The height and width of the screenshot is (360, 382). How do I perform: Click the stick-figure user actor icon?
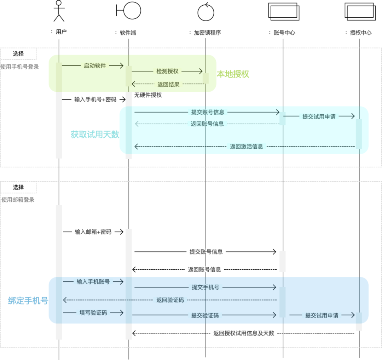[59, 11]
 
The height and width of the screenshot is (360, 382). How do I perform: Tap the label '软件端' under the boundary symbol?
[128, 33]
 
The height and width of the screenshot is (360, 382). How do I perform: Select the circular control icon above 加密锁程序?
[206, 12]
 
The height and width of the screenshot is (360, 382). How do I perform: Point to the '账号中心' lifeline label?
[284, 33]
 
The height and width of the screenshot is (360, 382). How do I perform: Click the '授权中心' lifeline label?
[361, 33]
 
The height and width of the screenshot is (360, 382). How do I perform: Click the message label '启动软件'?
[95, 65]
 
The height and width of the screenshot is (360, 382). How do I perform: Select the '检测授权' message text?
[167, 71]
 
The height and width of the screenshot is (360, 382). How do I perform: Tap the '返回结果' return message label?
[168, 84]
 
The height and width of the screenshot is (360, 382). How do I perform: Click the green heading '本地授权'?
[233, 74]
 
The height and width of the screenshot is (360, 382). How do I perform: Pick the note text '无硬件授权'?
[148, 95]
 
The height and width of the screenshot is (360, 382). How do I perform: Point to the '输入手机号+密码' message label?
[95, 99]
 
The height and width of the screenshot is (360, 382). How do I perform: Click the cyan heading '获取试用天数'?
[95, 135]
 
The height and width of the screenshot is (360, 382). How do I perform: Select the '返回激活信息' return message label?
[247, 146]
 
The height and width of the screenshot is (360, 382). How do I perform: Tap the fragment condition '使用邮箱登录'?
[18, 200]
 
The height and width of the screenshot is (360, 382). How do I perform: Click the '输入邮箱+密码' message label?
[93, 232]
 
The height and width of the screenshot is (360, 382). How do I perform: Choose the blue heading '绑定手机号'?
[28, 301]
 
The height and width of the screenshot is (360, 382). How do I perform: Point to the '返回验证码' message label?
[170, 300]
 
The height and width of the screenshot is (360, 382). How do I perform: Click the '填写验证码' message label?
[93, 313]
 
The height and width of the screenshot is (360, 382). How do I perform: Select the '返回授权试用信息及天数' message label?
[244, 333]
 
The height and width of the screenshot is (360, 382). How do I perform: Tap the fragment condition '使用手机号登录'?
[19, 67]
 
